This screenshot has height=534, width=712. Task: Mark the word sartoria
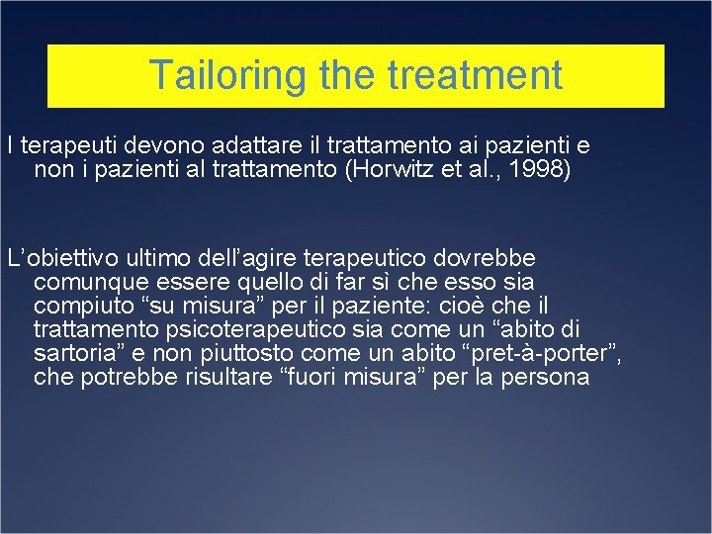coord(72,353)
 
